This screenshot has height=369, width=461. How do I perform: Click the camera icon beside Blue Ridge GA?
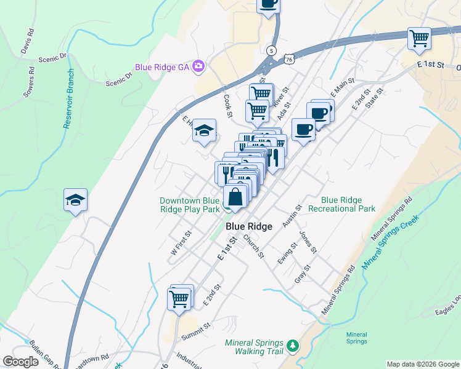(x=198, y=66)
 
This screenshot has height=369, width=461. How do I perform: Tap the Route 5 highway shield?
(x=271, y=49)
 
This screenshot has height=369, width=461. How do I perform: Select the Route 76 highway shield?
(x=289, y=59)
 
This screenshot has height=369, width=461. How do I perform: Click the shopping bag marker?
(x=235, y=197)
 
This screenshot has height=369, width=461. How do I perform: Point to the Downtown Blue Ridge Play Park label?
(x=189, y=205)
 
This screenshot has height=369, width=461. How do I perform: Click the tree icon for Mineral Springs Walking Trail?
(x=293, y=347)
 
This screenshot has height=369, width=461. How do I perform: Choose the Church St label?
(x=253, y=245)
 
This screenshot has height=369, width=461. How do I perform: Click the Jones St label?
(x=308, y=242)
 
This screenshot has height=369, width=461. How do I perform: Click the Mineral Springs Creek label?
(x=390, y=242)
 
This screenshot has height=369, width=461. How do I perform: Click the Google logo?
(x=21, y=362)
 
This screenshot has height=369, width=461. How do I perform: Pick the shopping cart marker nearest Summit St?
(x=179, y=299)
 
